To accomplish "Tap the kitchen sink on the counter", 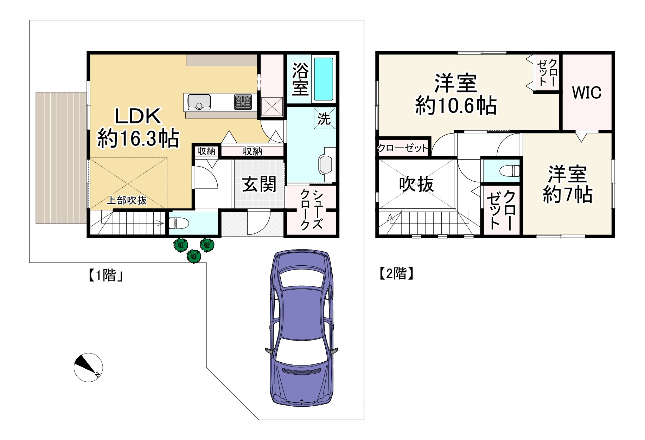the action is click(x=199, y=102).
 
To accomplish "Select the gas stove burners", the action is click(x=243, y=102).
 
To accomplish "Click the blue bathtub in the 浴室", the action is click(x=323, y=79).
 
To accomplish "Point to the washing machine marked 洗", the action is click(x=324, y=118).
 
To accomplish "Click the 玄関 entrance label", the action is click(x=259, y=185).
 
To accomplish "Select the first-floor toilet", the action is click(x=179, y=223).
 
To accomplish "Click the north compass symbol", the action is click(x=88, y=367).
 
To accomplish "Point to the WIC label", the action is click(x=587, y=92).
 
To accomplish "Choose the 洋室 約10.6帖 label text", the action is click(x=456, y=94).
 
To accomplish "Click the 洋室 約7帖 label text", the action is click(x=568, y=184).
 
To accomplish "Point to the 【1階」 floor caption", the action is click(x=105, y=275).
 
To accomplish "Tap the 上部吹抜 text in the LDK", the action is click(x=127, y=200).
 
